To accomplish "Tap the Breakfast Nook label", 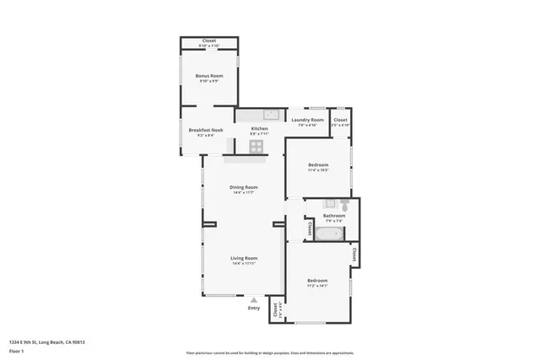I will click(x=205, y=130).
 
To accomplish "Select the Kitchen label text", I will click(x=259, y=128).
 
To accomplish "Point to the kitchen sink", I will click(x=269, y=114).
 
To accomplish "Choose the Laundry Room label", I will click(x=307, y=120).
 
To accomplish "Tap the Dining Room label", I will click(x=244, y=186).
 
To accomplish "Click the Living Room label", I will click(x=244, y=258).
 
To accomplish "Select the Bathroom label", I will click(x=334, y=216).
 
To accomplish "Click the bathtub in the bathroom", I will click(x=327, y=234).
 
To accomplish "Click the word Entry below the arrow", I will click(x=254, y=308).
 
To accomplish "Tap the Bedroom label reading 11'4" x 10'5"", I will click(x=318, y=164).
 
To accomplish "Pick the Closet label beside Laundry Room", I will click(x=340, y=120).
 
